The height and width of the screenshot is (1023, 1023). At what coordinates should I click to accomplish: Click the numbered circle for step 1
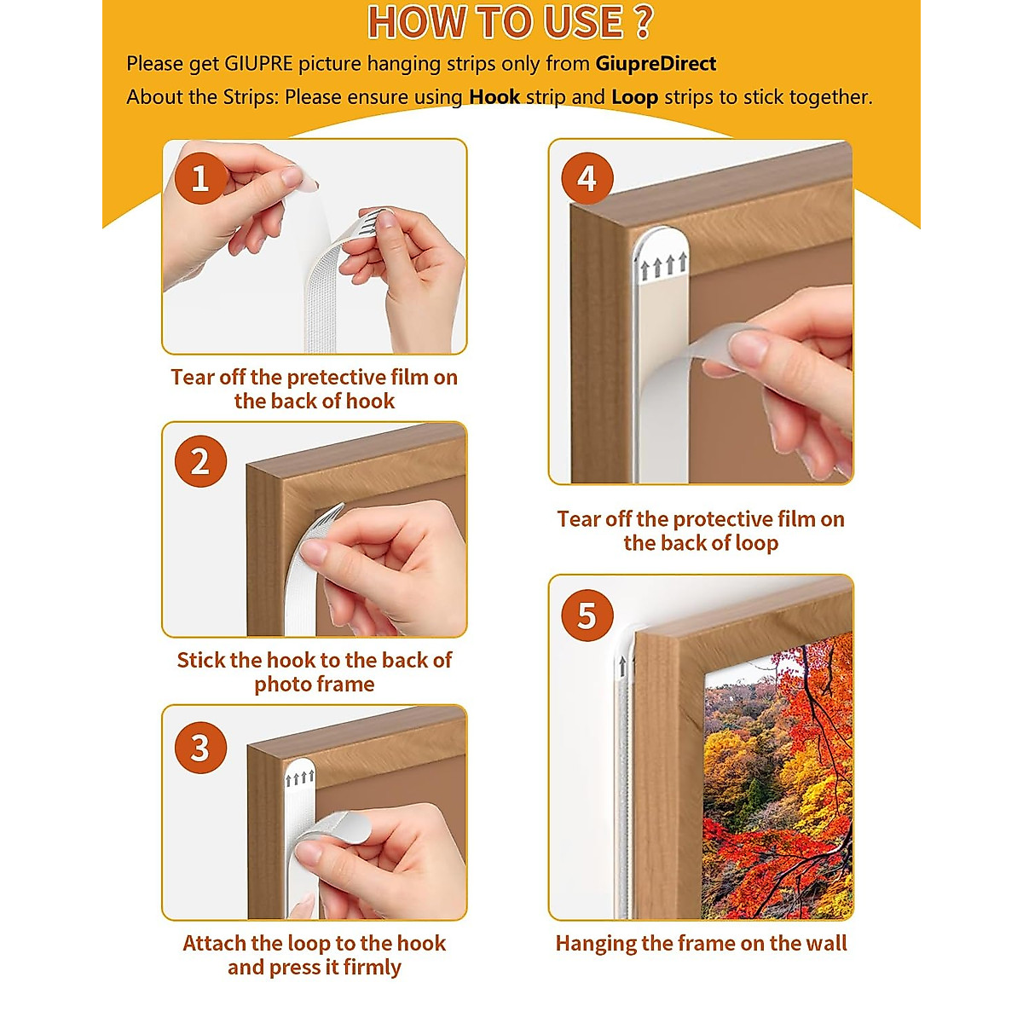coord(200,178)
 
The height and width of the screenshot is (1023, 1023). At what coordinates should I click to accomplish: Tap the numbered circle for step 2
coord(200,461)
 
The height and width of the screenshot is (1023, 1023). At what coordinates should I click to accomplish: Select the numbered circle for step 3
coord(200,748)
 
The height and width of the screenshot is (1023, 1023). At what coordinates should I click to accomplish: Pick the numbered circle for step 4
coord(587,178)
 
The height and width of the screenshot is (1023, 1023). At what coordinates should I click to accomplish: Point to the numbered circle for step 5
coord(587,616)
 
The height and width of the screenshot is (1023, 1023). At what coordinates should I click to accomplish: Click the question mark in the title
coord(643,22)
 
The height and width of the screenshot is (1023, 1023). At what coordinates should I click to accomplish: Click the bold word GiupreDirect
coord(656,64)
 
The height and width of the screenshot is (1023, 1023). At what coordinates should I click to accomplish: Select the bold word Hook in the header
coord(494,97)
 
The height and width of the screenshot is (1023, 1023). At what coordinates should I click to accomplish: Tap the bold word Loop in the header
coord(635,98)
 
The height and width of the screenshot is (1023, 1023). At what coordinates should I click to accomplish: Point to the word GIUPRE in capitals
coord(258,64)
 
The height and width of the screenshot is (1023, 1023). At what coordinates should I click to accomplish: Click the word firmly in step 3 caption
coord(372,968)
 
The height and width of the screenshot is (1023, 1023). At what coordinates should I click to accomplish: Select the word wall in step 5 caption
coord(826,944)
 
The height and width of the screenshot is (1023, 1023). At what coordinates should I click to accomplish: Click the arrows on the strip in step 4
coord(663,266)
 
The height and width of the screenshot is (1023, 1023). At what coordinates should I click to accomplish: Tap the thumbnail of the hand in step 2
coord(315,552)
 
